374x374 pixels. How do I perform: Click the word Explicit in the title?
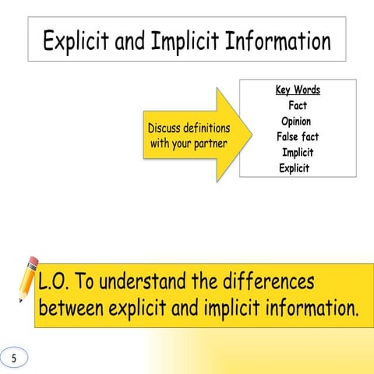point(76,41)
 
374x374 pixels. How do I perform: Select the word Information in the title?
point(277,41)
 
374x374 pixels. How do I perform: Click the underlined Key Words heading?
point(298,90)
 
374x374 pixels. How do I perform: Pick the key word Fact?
point(298,106)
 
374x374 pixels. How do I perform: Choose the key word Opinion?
point(296,122)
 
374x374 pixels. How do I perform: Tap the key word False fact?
point(298,137)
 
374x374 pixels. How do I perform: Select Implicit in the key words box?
point(298,153)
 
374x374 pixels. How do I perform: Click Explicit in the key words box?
point(294,168)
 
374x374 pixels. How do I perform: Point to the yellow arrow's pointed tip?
point(250,134)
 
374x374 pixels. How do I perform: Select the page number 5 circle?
point(13,358)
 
